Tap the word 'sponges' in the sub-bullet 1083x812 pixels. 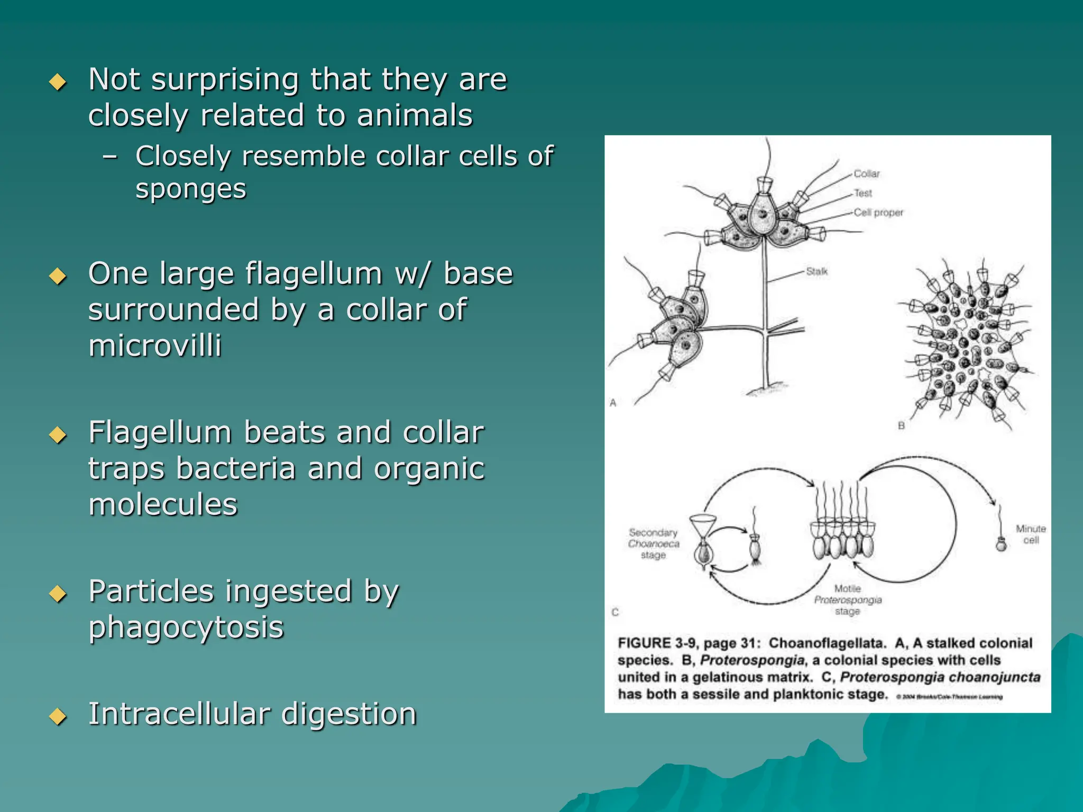(191, 189)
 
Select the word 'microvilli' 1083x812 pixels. (155, 346)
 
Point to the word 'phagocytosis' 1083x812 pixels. (186, 628)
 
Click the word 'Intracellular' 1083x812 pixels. (179, 714)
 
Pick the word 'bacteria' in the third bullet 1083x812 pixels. (236, 469)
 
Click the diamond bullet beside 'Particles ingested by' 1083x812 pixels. (58, 594)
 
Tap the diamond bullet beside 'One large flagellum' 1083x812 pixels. (58, 276)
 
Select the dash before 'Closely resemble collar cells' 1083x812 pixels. (110, 157)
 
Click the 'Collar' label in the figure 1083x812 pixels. (867, 174)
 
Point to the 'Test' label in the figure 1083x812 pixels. (863, 193)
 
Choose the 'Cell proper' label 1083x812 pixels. (878, 213)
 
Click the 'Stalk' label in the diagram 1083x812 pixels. (816, 272)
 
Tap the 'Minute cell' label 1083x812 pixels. (1031, 534)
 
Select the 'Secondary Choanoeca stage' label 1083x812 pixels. (653, 543)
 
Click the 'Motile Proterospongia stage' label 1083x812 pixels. (848, 600)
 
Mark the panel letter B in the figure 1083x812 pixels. (901, 426)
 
